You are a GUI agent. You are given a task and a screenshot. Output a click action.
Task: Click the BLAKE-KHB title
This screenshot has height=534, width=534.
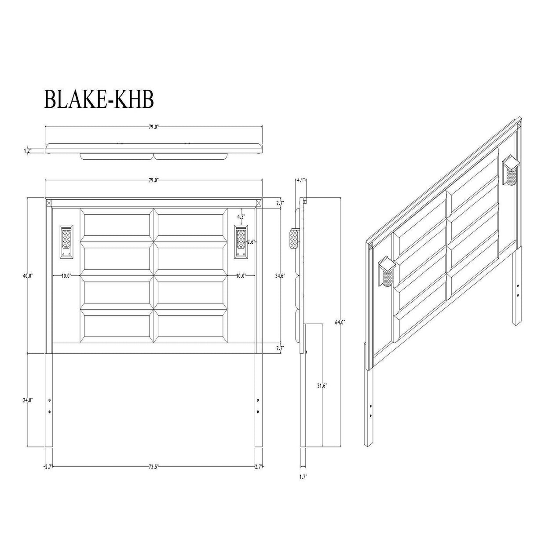pyautogui.click(x=99, y=99)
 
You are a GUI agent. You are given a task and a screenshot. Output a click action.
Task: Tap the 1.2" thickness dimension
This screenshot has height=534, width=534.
pyautogui.click(x=27, y=151)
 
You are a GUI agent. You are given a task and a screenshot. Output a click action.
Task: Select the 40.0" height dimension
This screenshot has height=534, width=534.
pyautogui.click(x=28, y=275)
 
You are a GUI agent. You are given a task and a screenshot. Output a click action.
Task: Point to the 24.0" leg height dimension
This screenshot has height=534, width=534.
pyautogui.click(x=28, y=400)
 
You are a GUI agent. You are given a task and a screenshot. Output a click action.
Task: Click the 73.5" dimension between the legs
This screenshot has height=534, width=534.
pyautogui.click(x=153, y=466)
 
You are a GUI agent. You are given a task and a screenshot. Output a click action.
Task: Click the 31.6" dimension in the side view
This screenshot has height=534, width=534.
pyautogui.click(x=322, y=385)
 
